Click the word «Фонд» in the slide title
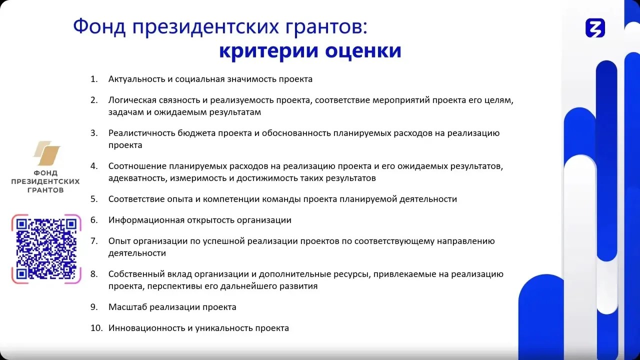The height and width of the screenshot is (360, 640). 99,27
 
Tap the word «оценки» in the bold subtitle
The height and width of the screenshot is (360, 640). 363,50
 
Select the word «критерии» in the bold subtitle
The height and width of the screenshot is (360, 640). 269,51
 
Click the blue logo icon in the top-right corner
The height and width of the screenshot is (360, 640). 595,28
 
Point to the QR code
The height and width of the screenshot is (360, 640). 46,249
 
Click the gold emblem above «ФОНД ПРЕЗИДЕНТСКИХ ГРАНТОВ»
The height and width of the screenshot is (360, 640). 46,153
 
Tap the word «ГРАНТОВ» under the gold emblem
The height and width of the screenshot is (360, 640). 45,190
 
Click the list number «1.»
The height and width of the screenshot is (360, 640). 94,79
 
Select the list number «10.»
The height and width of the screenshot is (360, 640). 96,328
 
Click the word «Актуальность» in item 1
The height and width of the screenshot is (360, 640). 136,79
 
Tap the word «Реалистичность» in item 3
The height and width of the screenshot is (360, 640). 141,133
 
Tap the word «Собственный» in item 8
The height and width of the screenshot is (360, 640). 136,274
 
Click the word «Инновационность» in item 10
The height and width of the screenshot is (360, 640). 146,328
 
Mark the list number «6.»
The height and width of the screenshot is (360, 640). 94,220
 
